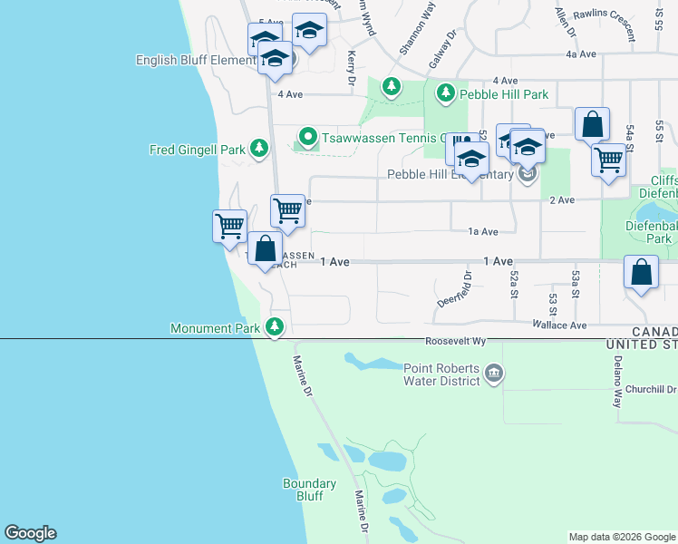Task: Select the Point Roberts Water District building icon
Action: pos(494,373)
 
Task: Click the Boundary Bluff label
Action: pos(303,490)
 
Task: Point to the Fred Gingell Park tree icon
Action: pos(259,148)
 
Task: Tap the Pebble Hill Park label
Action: pos(504,93)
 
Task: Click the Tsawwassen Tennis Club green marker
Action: pos(307,138)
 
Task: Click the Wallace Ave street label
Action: pos(559,325)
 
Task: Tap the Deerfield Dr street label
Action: pos(464,290)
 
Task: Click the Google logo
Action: pos(30,533)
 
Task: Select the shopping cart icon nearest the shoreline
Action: pos(229,224)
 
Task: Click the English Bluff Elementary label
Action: pos(196,61)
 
